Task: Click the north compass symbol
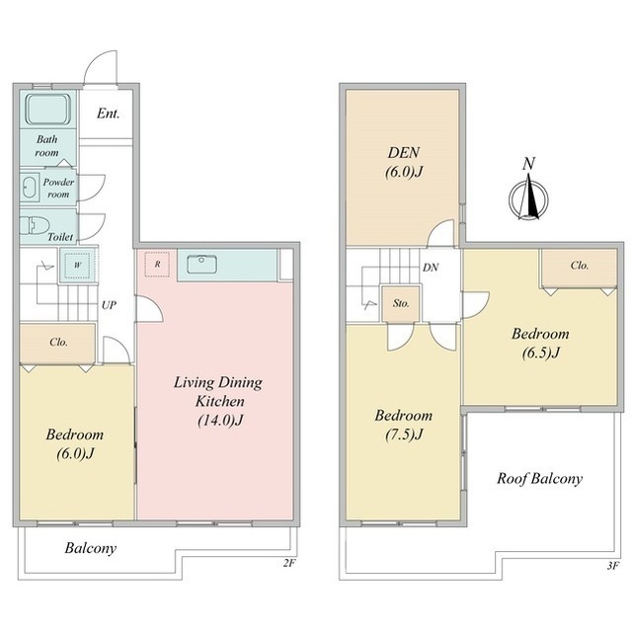[528, 198]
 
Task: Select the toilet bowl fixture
[35, 226]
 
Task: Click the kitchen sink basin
[201, 265]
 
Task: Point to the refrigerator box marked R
[157, 265]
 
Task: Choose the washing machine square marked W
[78, 265]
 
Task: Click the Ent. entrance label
[108, 114]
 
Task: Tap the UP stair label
[109, 305]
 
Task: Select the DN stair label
[431, 268]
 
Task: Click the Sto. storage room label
[401, 303]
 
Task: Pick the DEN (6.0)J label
[404, 162]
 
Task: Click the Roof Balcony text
[539, 478]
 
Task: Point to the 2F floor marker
[289, 563]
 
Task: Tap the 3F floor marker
[612, 566]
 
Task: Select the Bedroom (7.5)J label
[403, 425]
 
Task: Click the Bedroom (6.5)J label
[540, 344]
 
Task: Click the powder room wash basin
[29, 188]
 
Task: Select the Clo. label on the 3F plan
[580, 266]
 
